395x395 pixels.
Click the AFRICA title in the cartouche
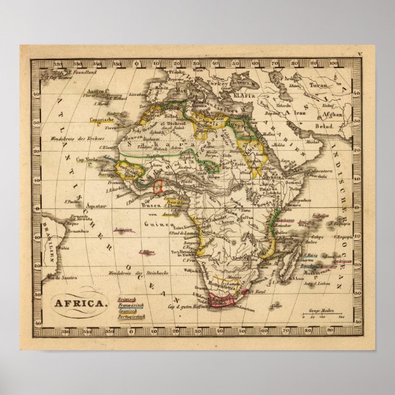click(79, 302)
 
